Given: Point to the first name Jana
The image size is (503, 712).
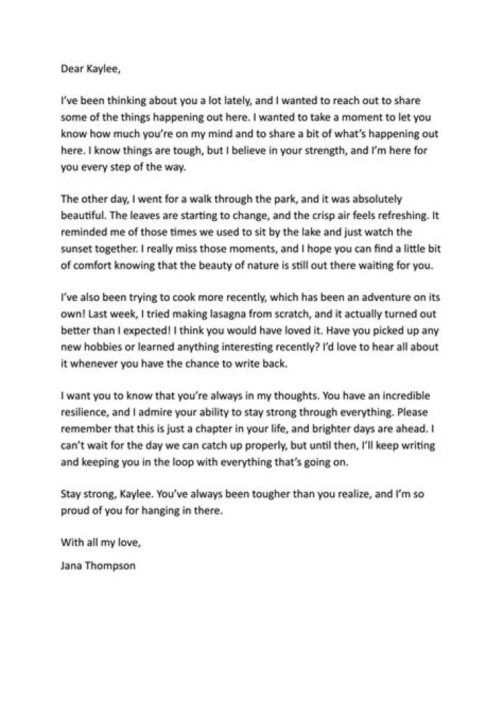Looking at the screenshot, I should point(72,546).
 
